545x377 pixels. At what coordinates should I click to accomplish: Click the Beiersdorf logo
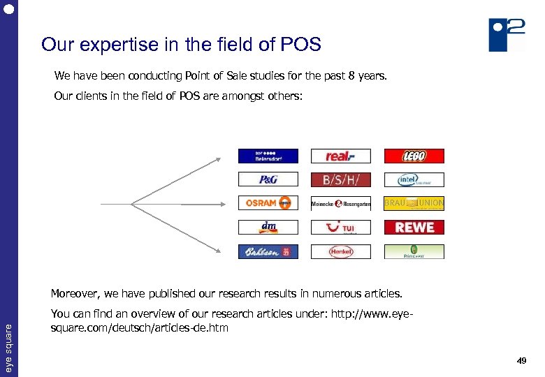point(268,156)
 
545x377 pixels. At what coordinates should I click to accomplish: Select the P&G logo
point(268,179)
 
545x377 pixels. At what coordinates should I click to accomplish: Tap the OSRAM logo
point(268,203)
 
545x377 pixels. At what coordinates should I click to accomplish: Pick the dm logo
point(268,227)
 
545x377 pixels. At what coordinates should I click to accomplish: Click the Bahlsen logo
point(268,251)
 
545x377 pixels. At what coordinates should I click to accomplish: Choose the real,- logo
point(340,156)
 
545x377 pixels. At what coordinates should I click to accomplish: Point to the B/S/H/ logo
point(340,179)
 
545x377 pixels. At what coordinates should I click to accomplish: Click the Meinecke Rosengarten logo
point(340,203)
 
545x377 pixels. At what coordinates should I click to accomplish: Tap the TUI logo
point(340,227)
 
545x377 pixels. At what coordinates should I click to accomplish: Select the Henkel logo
point(340,251)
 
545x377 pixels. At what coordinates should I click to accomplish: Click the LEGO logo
point(414,156)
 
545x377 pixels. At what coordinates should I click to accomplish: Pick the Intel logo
point(414,179)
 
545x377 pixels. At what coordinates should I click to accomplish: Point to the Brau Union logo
point(414,203)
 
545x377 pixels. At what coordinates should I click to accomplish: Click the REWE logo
point(414,227)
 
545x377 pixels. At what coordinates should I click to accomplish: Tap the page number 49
point(521,361)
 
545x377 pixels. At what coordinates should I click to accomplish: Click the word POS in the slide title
point(300,45)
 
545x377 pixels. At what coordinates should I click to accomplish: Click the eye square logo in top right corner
point(507,34)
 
